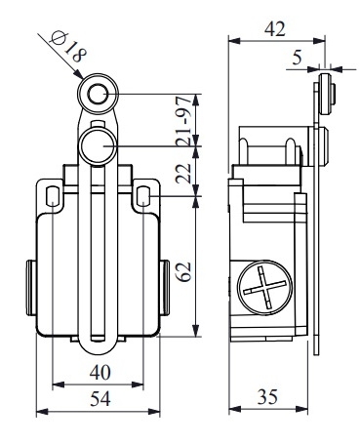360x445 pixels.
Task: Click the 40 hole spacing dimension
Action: pos(100,373)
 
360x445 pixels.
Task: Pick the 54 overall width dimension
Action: pos(100,399)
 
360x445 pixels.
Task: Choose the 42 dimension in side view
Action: pos(275,28)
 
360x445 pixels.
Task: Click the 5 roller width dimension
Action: pos(298,58)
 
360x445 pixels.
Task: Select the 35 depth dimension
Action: pos(268,397)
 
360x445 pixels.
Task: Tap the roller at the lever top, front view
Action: pos(98,94)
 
